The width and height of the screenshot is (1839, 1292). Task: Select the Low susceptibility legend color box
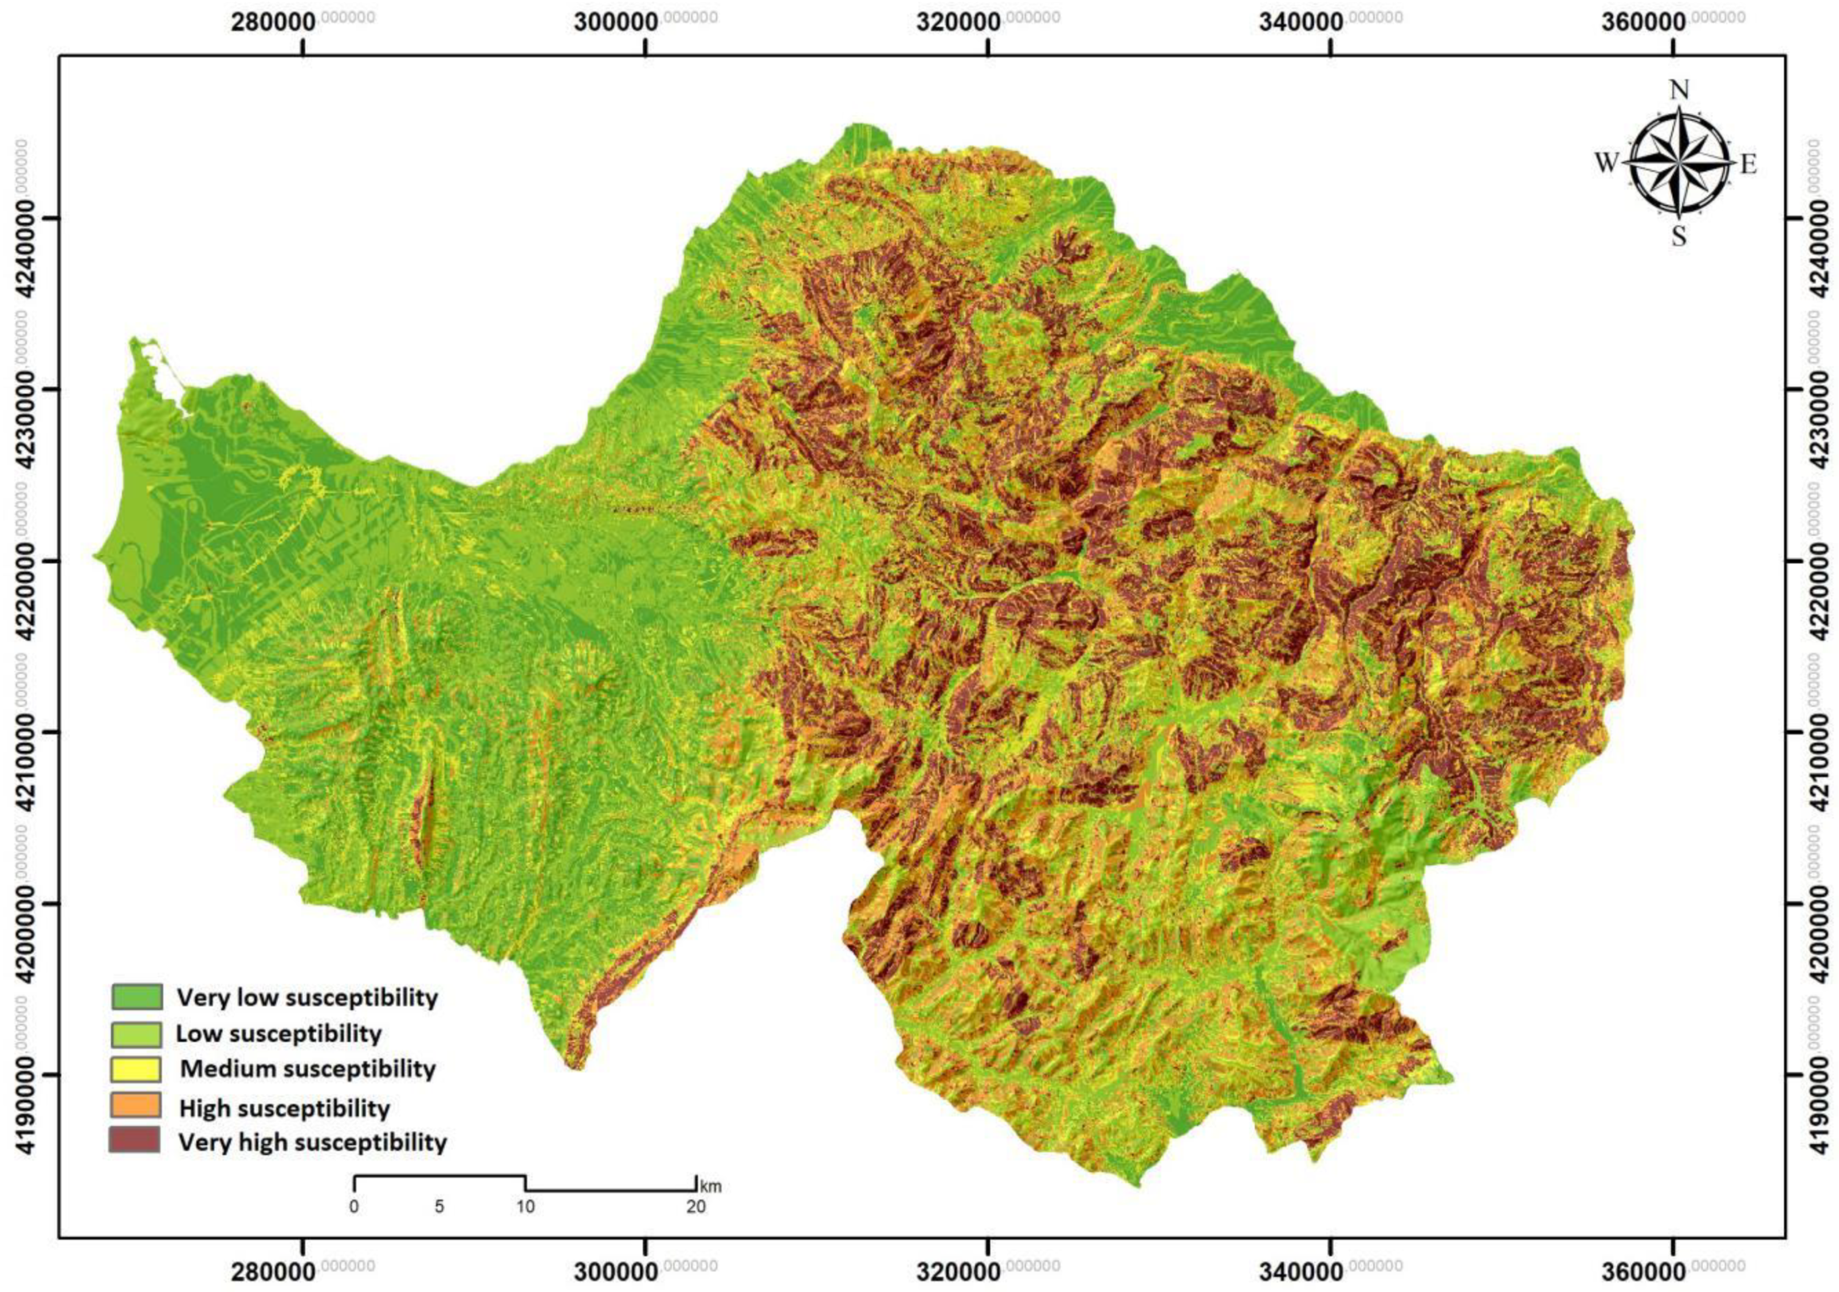pos(137,1033)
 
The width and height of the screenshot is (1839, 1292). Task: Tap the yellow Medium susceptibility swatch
pos(137,1069)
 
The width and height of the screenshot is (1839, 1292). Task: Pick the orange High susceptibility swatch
pos(137,1105)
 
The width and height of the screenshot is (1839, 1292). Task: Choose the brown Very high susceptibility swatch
pos(137,1141)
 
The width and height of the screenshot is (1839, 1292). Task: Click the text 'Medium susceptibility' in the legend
pos(308,1069)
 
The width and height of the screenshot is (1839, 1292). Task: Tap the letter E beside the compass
pos(1748,165)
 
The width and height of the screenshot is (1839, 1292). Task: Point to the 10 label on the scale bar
pos(525,1206)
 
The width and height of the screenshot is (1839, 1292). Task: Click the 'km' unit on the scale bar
pos(710,1185)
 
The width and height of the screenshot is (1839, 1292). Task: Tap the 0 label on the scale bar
pos(354,1206)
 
